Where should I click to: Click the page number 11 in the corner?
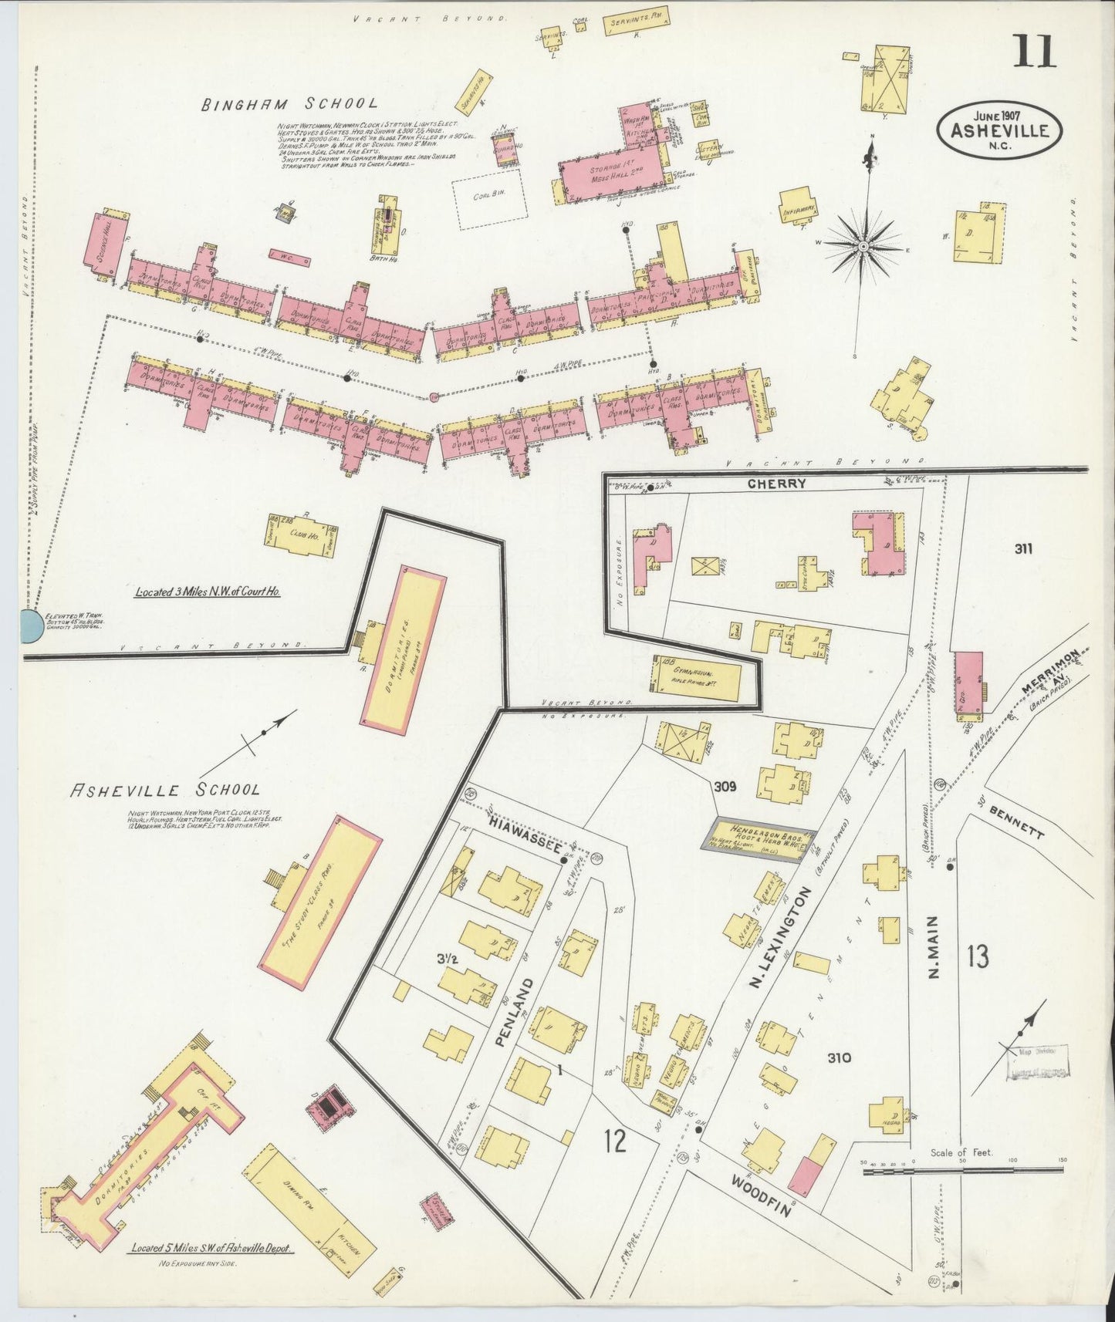(x=1034, y=52)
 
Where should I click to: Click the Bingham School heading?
(x=290, y=104)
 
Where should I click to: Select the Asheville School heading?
(x=165, y=790)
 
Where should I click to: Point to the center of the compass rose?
(x=863, y=246)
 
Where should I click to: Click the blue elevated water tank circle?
(x=31, y=626)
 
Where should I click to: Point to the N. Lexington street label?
(x=780, y=937)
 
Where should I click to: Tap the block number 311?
(x=1024, y=549)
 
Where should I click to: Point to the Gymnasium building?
(x=697, y=677)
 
